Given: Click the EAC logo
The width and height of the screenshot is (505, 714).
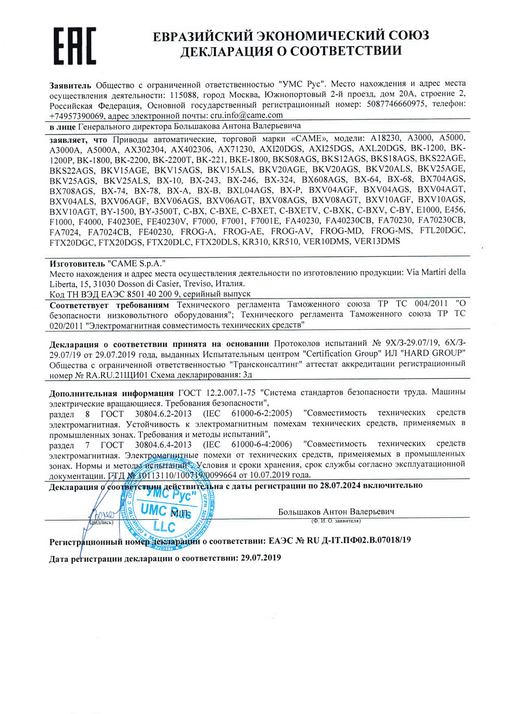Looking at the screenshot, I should point(75,45).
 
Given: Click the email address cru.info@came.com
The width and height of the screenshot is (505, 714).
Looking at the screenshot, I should point(247,115).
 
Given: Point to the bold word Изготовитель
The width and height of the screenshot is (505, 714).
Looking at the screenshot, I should point(77,264).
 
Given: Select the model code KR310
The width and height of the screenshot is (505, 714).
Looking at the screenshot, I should point(255,241).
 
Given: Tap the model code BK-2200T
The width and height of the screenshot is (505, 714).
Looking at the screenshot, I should point(172,159).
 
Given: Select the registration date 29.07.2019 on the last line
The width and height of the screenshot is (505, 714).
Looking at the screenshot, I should point(261,558).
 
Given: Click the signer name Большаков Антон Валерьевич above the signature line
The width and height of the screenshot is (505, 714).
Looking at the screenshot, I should point(336,511).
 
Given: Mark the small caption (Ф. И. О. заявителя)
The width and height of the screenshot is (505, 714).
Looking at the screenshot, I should point(336,520).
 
